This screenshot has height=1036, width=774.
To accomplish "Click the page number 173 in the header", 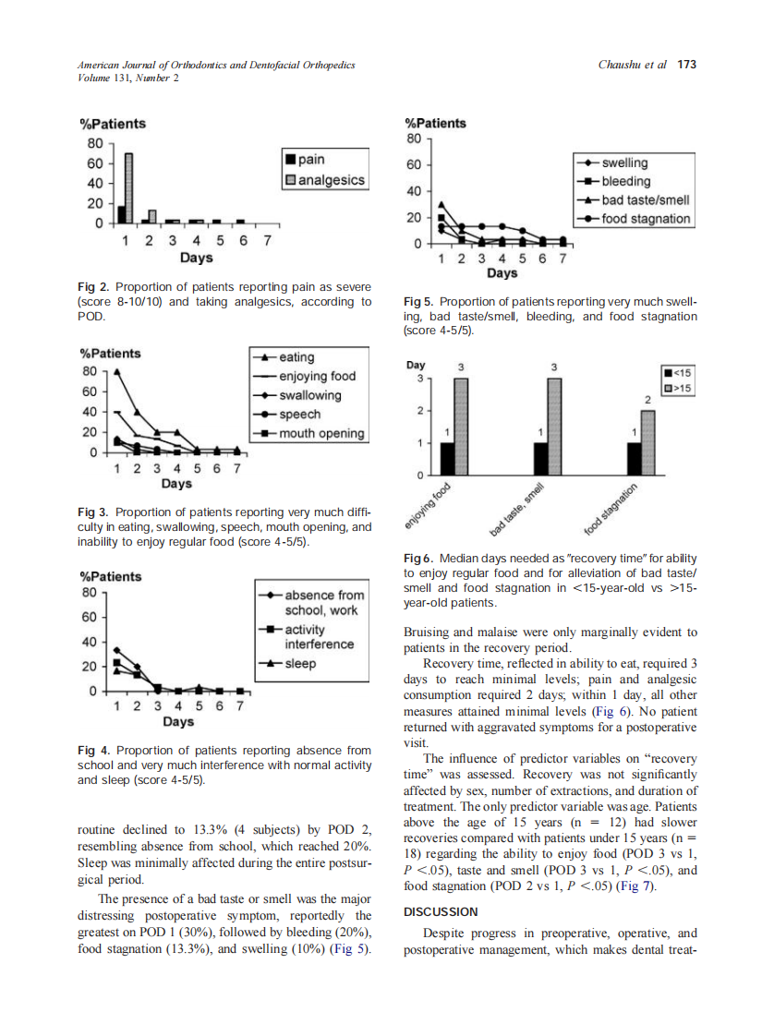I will pyautogui.click(x=686, y=65).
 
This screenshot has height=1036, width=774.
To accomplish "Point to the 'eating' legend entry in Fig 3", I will pyautogui.click(x=296, y=357).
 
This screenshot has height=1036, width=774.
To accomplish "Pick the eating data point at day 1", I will pyautogui.click(x=116, y=372).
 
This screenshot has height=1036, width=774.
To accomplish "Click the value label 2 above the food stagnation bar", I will pyautogui.click(x=647, y=399).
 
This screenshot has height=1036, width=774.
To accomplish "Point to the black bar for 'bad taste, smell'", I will pyautogui.click(x=541, y=459).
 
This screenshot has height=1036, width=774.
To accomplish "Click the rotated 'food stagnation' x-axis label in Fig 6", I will pyautogui.click(x=612, y=509).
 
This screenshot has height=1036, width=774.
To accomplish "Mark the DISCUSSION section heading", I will pyautogui.click(x=441, y=911).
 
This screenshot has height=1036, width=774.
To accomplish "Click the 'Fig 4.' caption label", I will pyautogui.click(x=93, y=751).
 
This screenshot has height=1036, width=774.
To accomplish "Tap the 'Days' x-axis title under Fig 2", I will pyautogui.click(x=196, y=258).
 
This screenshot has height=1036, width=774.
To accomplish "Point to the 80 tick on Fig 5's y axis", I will pyautogui.click(x=414, y=139).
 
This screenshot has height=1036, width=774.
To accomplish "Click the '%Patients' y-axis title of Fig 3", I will pyautogui.click(x=111, y=353).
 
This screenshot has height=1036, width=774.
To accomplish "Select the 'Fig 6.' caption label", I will pyautogui.click(x=418, y=559).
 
